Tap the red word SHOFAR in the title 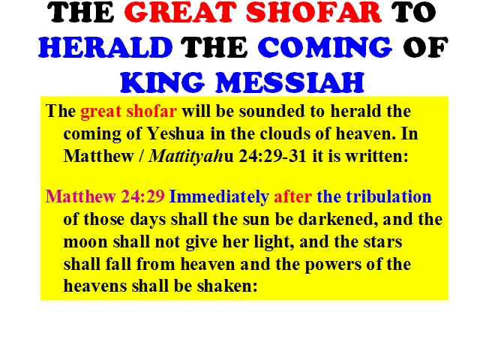313,12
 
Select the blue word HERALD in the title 106,47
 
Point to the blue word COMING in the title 325,47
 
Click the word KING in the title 162,82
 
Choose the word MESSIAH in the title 290,82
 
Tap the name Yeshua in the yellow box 175,133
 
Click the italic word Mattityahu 191,157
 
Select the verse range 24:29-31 272,156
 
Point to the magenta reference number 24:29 143,196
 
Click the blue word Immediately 219,196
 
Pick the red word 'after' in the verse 293,196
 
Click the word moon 85,242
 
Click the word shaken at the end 226,286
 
